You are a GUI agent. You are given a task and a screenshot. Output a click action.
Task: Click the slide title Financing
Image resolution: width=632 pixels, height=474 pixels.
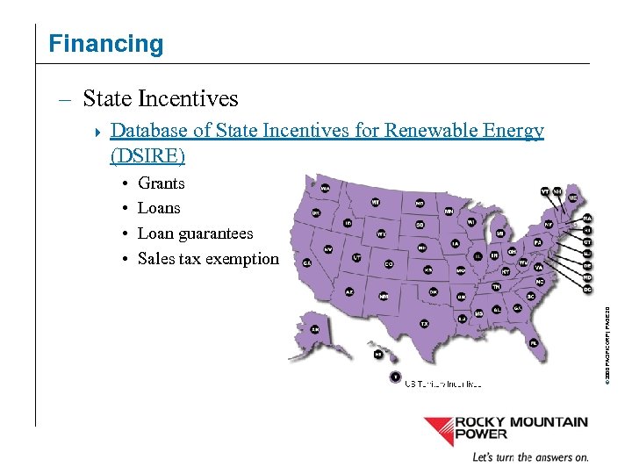pyautogui.click(x=105, y=44)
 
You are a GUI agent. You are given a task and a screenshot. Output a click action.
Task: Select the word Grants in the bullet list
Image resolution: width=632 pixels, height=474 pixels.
pyautogui.click(x=162, y=183)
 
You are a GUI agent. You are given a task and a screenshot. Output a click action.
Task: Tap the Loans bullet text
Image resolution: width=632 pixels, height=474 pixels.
pyautogui.click(x=159, y=208)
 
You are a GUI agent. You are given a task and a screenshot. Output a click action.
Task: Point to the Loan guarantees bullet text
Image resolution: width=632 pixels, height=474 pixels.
pyautogui.click(x=195, y=233)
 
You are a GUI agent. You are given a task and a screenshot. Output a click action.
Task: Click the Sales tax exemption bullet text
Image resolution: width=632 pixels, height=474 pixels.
pyautogui.click(x=208, y=258)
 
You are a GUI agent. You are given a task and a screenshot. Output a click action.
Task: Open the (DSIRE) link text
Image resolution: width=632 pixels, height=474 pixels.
pyautogui.click(x=147, y=156)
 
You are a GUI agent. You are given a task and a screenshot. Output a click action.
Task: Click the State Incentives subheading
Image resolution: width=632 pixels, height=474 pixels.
pyautogui.click(x=160, y=98)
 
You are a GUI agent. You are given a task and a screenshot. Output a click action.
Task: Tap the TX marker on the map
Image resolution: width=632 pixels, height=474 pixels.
pyautogui.click(x=424, y=323)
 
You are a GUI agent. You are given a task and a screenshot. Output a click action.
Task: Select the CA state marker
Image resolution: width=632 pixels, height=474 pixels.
pyautogui.click(x=307, y=262)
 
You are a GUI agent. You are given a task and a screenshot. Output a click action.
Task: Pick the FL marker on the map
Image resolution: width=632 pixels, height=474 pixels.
pyautogui.click(x=533, y=343)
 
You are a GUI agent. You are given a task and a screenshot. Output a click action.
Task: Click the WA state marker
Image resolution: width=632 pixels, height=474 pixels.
pyautogui.click(x=325, y=188)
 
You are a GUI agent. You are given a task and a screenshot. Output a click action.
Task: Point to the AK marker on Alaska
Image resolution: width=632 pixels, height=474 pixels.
pyautogui.click(x=314, y=329)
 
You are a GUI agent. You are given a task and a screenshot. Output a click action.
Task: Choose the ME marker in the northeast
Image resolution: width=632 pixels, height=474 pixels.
pyautogui.click(x=572, y=198)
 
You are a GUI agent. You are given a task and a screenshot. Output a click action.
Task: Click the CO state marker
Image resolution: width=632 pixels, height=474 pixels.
pyautogui.click(x=389, y=263)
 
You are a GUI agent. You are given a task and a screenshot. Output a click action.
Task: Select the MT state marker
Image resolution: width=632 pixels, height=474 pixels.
pyautogui.click(x=376, y=202)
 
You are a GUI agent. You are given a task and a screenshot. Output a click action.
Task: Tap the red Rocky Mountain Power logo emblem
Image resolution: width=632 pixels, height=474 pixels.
pyautogui.click(x=438, y=430)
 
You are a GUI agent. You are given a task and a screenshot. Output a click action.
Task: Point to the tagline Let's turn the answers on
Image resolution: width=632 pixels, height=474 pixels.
pyautogui.click(x=530, y=457)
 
